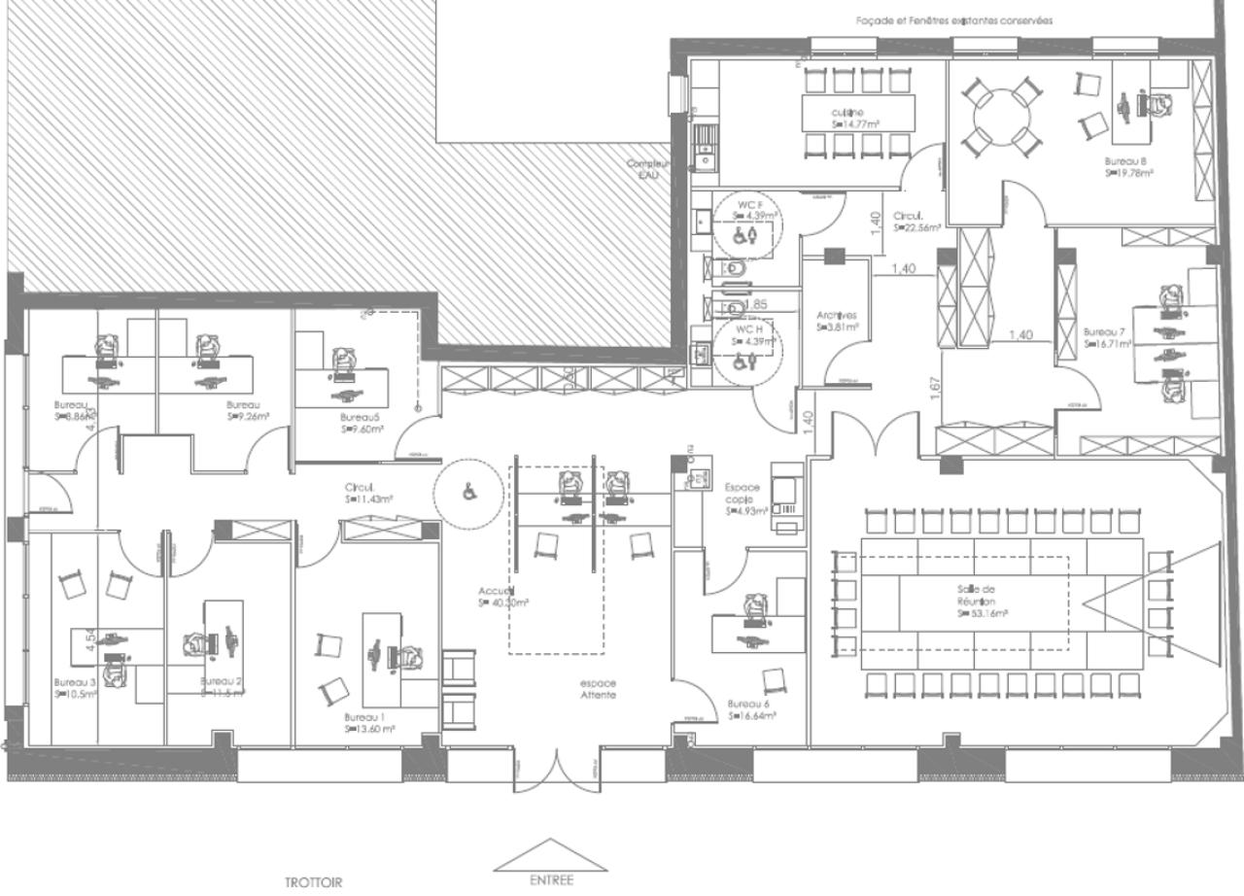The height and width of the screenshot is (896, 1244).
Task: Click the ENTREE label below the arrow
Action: (x=551, y=880)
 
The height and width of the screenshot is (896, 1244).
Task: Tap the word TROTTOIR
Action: (x=313, y=883)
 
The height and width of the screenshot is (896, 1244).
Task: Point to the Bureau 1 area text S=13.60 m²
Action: (x=369, y=728)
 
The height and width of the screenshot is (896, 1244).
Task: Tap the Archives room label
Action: (x=836, y=316)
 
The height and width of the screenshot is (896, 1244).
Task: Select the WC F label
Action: (x=749, y=204)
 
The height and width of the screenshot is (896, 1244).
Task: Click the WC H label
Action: (x=747, y=329)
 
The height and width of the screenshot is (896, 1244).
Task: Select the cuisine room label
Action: (x=847, y=113)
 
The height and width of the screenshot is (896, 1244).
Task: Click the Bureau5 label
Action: (x=361, y=416)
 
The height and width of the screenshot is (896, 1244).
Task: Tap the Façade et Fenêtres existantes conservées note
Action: (x=953, y=20)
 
